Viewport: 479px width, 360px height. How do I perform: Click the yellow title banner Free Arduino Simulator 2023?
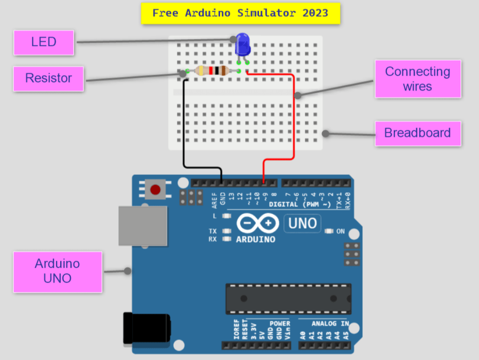point(240,13)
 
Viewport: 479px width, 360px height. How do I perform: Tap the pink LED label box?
point(44,42)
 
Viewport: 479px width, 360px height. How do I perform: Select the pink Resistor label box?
point(48,78)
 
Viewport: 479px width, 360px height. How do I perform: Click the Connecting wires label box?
point(417,78)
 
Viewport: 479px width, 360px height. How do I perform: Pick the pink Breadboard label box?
point(417,133)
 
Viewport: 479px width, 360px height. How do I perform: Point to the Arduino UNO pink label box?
point(57,271)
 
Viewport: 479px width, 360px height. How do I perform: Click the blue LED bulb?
point(242,43)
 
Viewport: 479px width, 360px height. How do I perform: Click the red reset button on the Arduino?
point(156,189)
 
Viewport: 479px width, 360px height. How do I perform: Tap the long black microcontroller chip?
point(288,299)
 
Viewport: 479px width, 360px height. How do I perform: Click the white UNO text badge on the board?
point(303,223)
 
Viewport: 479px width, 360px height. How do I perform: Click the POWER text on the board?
point(280,324)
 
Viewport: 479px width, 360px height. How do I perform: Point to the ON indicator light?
point(329,231)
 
